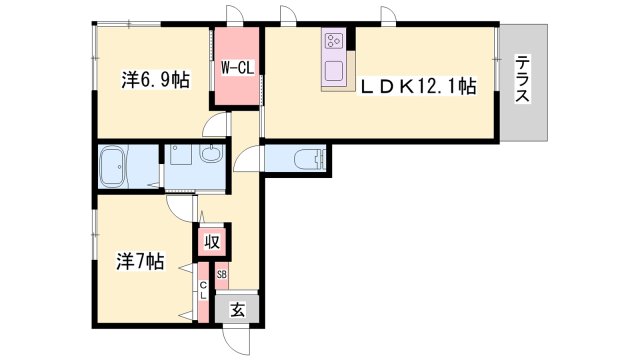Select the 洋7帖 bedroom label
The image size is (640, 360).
click(x=140, y=263)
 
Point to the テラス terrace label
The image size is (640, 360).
click(x=523, y=81)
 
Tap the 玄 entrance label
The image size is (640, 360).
click(x=238, y=310)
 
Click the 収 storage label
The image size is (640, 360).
click(x=212, y=242)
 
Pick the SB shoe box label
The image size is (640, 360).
click(x=222, y=273)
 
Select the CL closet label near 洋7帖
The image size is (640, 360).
click(x=202, y=291)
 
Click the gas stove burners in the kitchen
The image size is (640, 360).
click(x=333, y=43)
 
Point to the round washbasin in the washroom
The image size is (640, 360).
click(x=211, y=156)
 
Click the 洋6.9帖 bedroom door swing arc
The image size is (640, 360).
click(x=211, y=126)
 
